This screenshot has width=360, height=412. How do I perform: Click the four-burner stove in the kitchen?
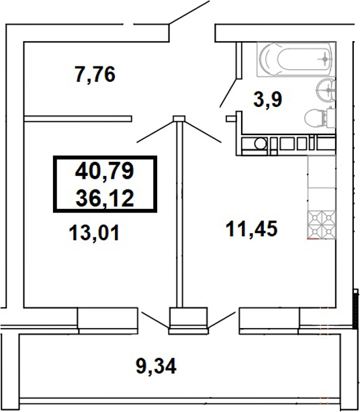click(320, 224)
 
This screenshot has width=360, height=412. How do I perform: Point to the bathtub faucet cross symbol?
click(325, 59)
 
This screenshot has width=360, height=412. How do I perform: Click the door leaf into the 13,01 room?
click(156, 130)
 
